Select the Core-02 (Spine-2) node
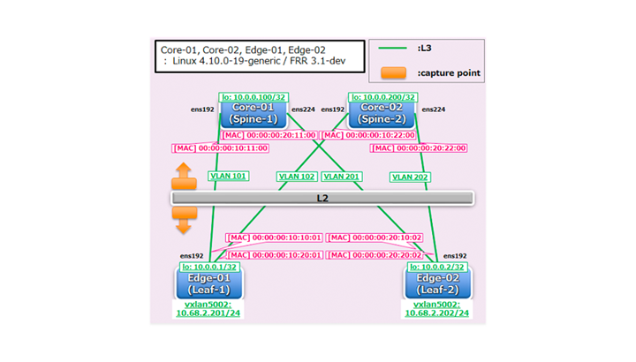(x=382, y=112)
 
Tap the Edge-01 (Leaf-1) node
(x=209, y=283)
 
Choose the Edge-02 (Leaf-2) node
(x=438, y=283)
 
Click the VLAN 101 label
(x=228, y=176)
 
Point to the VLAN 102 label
(x=297, y=176)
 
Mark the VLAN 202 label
(x=411, y=176)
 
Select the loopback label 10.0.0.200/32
(x=383, y=96)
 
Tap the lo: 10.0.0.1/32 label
(x=211, y=267)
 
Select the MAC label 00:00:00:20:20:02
(x=375, y=254)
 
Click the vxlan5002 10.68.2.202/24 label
(x=437, y=308)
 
